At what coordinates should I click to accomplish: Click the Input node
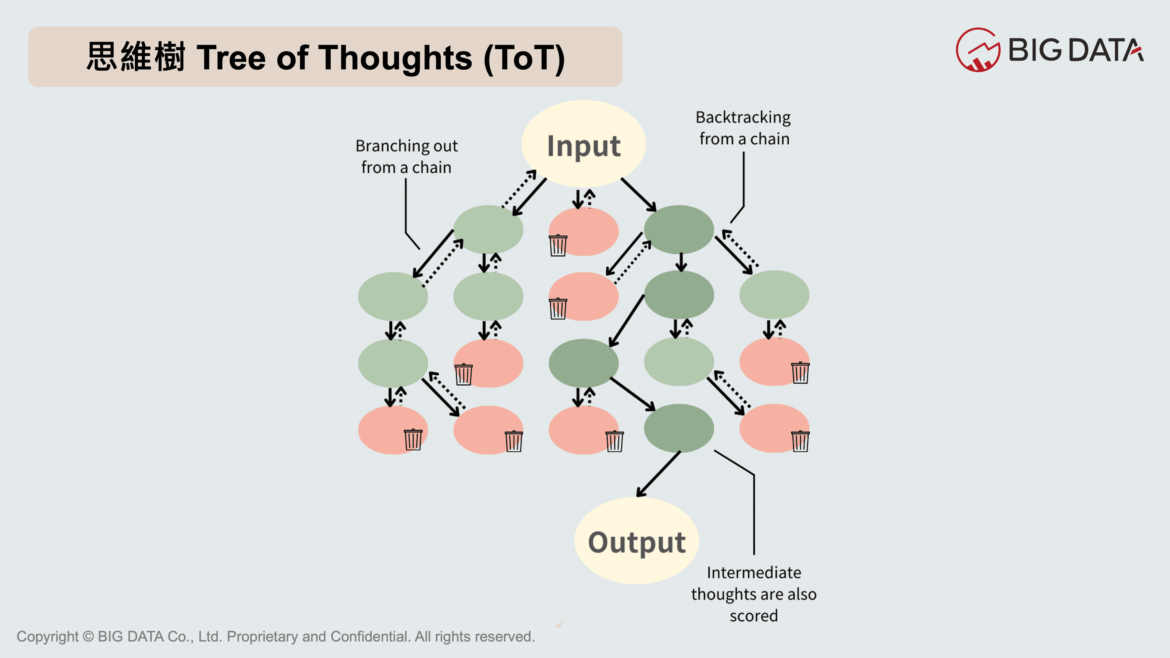point(584,144)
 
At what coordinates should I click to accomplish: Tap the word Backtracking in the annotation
point(743,118)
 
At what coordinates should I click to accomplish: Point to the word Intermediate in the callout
point(754,573)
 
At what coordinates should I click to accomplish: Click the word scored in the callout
point(754,616)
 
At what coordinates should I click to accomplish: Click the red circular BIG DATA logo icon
point(977,50)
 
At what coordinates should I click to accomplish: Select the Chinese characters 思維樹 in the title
point(135,57)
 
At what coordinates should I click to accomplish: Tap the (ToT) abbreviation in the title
point(525,58)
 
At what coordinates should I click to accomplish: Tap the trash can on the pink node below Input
point(558,245)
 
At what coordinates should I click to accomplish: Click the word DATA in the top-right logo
point(1106,50)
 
